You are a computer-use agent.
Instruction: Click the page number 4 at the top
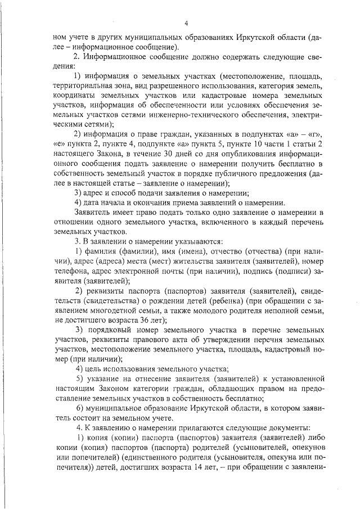[x=184, y=23]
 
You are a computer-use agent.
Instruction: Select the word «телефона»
[x=72, y=271]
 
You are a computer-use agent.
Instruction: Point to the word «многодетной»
[x=116, y=310]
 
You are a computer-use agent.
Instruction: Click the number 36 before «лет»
[x=130, y=319]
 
